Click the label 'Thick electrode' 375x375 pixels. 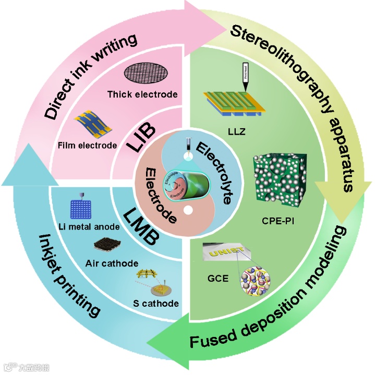(x=142, y=94)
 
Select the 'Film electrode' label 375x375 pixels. (x=87, y=145)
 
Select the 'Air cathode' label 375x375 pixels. (x=112, y=263)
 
